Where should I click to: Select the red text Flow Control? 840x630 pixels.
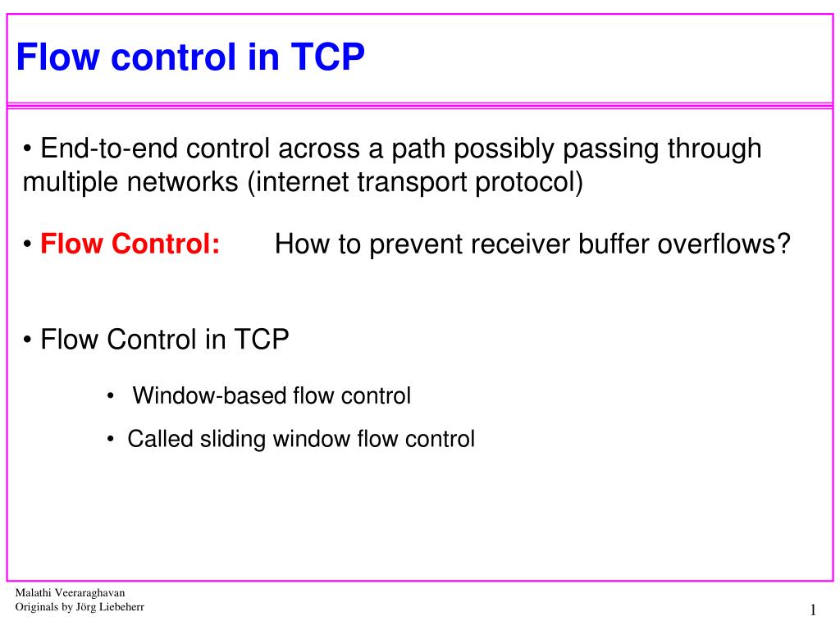point(130,244)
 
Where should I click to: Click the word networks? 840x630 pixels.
point(185,182)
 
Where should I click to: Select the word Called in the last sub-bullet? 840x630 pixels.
point(161,439)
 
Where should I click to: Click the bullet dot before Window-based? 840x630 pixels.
point(111,397)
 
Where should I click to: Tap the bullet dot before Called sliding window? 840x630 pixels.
point(111,440)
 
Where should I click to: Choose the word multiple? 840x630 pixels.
point(71,182)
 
